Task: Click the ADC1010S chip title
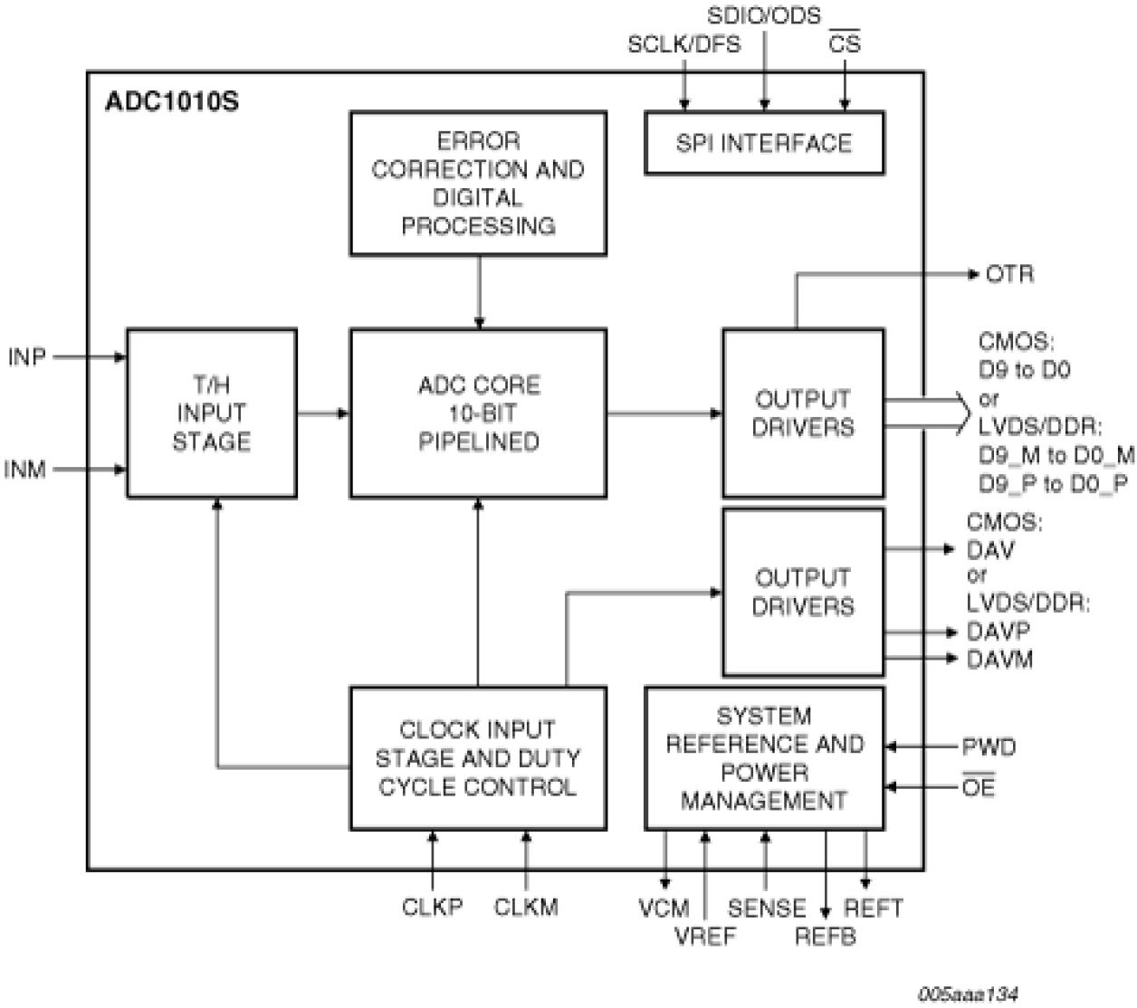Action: point(172,100)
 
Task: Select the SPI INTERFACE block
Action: point(763,143)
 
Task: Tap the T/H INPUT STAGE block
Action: point(211,414)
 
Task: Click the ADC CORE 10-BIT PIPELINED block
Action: point(478,414)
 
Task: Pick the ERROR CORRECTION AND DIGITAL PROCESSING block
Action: point(478,184)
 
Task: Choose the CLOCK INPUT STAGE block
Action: point(477,758)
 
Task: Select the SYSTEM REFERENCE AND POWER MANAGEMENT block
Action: point(763,758)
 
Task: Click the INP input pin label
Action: point(26,357)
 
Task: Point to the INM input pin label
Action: point(25,470)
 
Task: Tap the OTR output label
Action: point(1008,274)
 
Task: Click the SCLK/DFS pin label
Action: point(683,44)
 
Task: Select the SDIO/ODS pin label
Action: point(763,15)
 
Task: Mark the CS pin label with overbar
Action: point(845,43)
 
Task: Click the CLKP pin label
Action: point(432,908)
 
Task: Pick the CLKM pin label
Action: point(526,908)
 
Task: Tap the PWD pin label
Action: point(989,747)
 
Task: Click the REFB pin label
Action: point(825,937)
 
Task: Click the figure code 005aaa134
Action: point(967,994)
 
